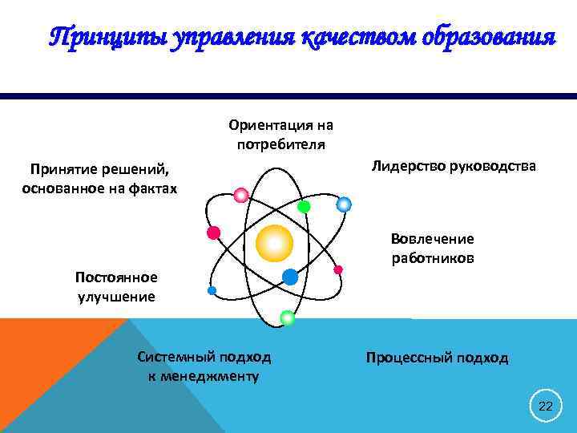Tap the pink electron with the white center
click(240, 195)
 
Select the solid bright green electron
click(304, 206)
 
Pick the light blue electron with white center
click(344, 204)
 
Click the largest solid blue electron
click(290, 277)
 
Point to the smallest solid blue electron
click(212, 290)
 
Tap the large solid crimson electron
click(213, 233)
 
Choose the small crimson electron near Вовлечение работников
click(338, 269)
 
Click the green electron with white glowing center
click(287, 318)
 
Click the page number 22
click(546, 407)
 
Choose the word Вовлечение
click(432, 239)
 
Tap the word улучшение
click(116, 297)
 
